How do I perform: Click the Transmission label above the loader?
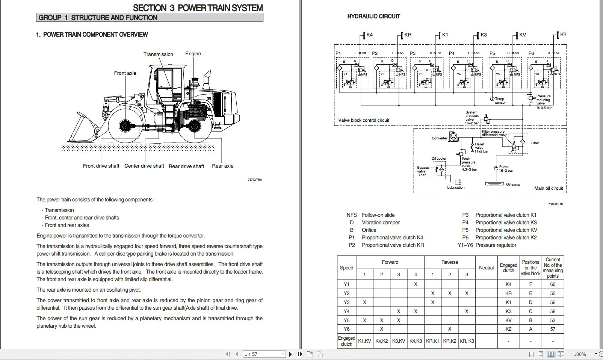pyautogui.click(x=158, y=54)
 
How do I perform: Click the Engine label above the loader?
pyautogui.click(x=193, y=53)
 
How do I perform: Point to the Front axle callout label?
pyautogui.click(x=125, y=73)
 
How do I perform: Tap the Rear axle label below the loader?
pyautogui.click(x=222, y=166)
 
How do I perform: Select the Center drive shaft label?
pyautogui.click(x=144, y=166)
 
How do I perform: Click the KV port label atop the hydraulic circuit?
pyautogui.click(x=522, y=35)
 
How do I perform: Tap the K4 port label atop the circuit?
pyautogui.click(x=369, y=35)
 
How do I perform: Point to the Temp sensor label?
pyautogui.click(x=500, y=101)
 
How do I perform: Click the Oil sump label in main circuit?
pyautogui.click(x=513, y=185)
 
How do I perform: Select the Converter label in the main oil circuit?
pyautogui.click(x=439, y=138)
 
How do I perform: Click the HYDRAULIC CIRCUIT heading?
pyautogui.click(x=373, y=16)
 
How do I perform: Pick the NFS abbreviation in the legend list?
pyautogui.click(x=352, y=215)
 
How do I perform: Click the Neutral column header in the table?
pyautogui.click(x=486, y=268)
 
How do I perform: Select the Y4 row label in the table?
pyautogui.click(x=346, y=311)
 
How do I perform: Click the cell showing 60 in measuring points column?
pyautogui.click(x=553, y=284)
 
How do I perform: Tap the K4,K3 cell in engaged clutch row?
pyautogui.click(x=416, y=341)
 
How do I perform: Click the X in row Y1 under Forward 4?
pyautogui.click(x=416, y=284)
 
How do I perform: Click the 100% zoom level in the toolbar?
pyautogui.click(x=580, y=354)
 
